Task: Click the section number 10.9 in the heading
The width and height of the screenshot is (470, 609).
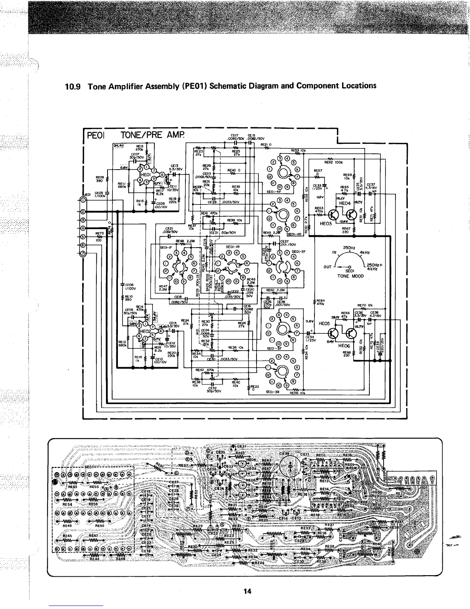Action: [x=73, y=86]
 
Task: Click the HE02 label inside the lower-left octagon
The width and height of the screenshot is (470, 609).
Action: [x=146, y=330]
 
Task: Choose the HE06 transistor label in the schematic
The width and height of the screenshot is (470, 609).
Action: [x=344, y=346]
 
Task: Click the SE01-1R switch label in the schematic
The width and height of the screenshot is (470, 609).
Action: [x=233, y=246]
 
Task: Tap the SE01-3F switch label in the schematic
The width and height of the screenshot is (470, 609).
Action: [x=275, y=349]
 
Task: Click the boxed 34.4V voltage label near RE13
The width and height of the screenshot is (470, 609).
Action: [x=118, y=146]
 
